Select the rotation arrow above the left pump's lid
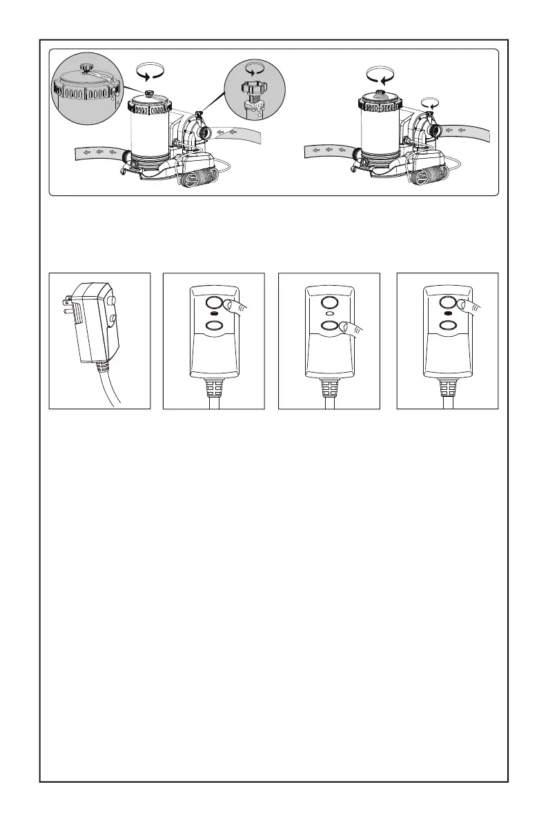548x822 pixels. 153,71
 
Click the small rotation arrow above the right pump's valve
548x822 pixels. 431,102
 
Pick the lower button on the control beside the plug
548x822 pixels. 214,325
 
